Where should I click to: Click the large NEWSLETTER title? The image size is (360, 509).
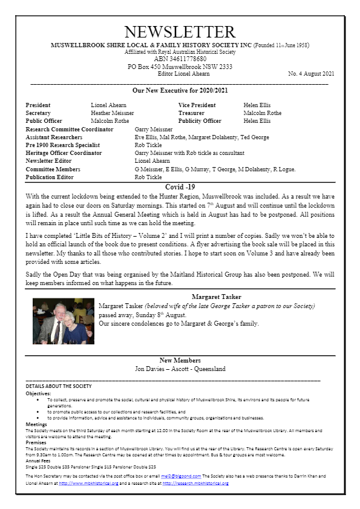pyautogui.click(x=180, y=32)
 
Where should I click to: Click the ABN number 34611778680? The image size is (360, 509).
pyautogui.click(x=179, y=59)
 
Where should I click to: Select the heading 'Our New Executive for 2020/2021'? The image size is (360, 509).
pyautogui.click(x=179, y=90)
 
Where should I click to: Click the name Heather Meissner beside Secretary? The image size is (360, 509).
pyautogui.click(x=113, y=113)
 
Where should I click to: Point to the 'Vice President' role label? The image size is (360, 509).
pyautogui.click(x=197, y=105)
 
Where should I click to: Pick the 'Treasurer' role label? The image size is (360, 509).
pyautogui.click(x=191, y=113)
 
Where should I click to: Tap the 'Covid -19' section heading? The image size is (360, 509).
pyautogui.click(x=180, y=188)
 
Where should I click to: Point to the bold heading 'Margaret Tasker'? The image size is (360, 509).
pyautogui.click(x=216, y=297)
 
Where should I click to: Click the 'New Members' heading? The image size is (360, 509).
pyautogui.click(x=180, y=361)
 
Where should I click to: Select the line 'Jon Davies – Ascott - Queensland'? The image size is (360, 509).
pyautogui.click(x=180, y=369)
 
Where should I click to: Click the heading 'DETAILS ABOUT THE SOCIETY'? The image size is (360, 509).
pyautogui.click(x=59, y=386)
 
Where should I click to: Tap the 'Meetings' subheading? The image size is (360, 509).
pyautogui.click(x=36, y=424)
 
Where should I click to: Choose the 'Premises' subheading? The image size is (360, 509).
pyautogui.click(x=36, y=442)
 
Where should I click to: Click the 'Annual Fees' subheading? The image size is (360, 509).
pyautogui.click(x=40, y=461)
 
